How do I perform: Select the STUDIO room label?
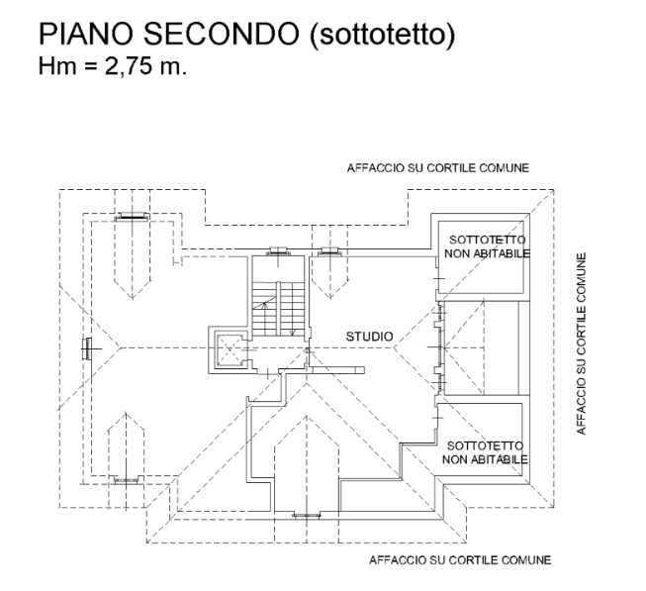pos(369,338)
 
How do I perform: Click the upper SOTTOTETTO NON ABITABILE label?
pos(486,247)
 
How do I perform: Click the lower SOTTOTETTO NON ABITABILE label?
pos(485,452)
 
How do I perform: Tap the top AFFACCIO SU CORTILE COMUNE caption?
pos(437,168)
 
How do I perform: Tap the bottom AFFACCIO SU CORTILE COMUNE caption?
pos(459,560)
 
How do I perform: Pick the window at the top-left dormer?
pos(132,215)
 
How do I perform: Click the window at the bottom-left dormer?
pos(126,480)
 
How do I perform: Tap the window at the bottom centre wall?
pos(308,515)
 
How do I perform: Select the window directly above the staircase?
pos(277,251)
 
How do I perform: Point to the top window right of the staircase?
pos(327,251)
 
